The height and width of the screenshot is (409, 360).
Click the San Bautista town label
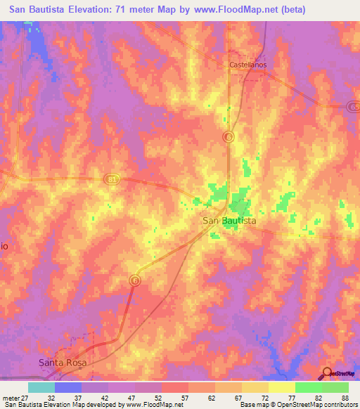[229, 221]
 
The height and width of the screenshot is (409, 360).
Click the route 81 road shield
[114, 180]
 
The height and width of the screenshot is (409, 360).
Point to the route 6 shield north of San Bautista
[228, 136]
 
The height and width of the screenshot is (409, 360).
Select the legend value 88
[344, 397]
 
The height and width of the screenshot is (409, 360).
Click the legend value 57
[184, 397]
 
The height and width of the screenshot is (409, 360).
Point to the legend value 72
[264, 397]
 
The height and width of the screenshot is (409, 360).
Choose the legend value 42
[104, 397]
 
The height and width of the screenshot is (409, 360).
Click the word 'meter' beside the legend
[10, 397]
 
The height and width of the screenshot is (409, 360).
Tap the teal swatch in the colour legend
[41, 387]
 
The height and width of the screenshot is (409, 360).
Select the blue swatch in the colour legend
[68, 387]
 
